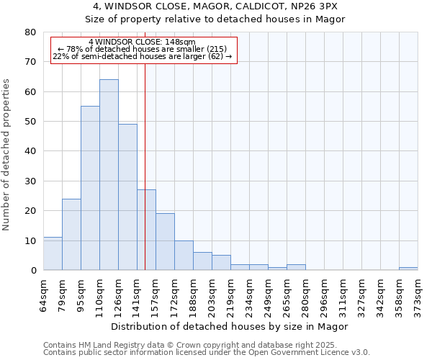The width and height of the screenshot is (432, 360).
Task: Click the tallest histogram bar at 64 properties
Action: (109, 175)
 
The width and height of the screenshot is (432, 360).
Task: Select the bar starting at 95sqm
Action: (90, 188)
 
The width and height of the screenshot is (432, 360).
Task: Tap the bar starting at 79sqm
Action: (71, 235)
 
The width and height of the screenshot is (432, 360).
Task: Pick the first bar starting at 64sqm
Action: (53, 253)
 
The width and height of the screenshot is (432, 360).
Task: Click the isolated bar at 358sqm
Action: (408, 269)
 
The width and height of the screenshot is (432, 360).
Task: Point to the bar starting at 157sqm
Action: (165, 242)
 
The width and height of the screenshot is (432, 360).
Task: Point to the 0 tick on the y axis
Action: (32, 271)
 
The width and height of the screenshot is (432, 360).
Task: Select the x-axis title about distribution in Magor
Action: (230, 326)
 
